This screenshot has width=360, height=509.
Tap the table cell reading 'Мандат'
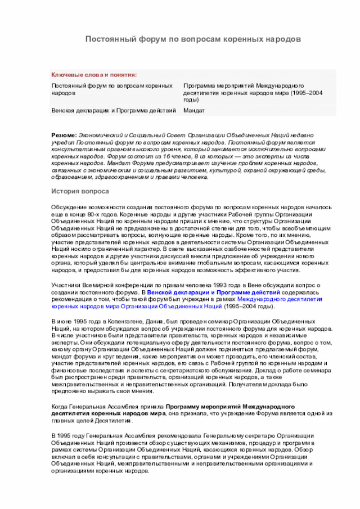pos(194,110)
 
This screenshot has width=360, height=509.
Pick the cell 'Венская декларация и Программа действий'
pos(114,110)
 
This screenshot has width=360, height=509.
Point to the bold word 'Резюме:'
pos(64,136)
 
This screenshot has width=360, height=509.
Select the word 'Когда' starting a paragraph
pos(60,406)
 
